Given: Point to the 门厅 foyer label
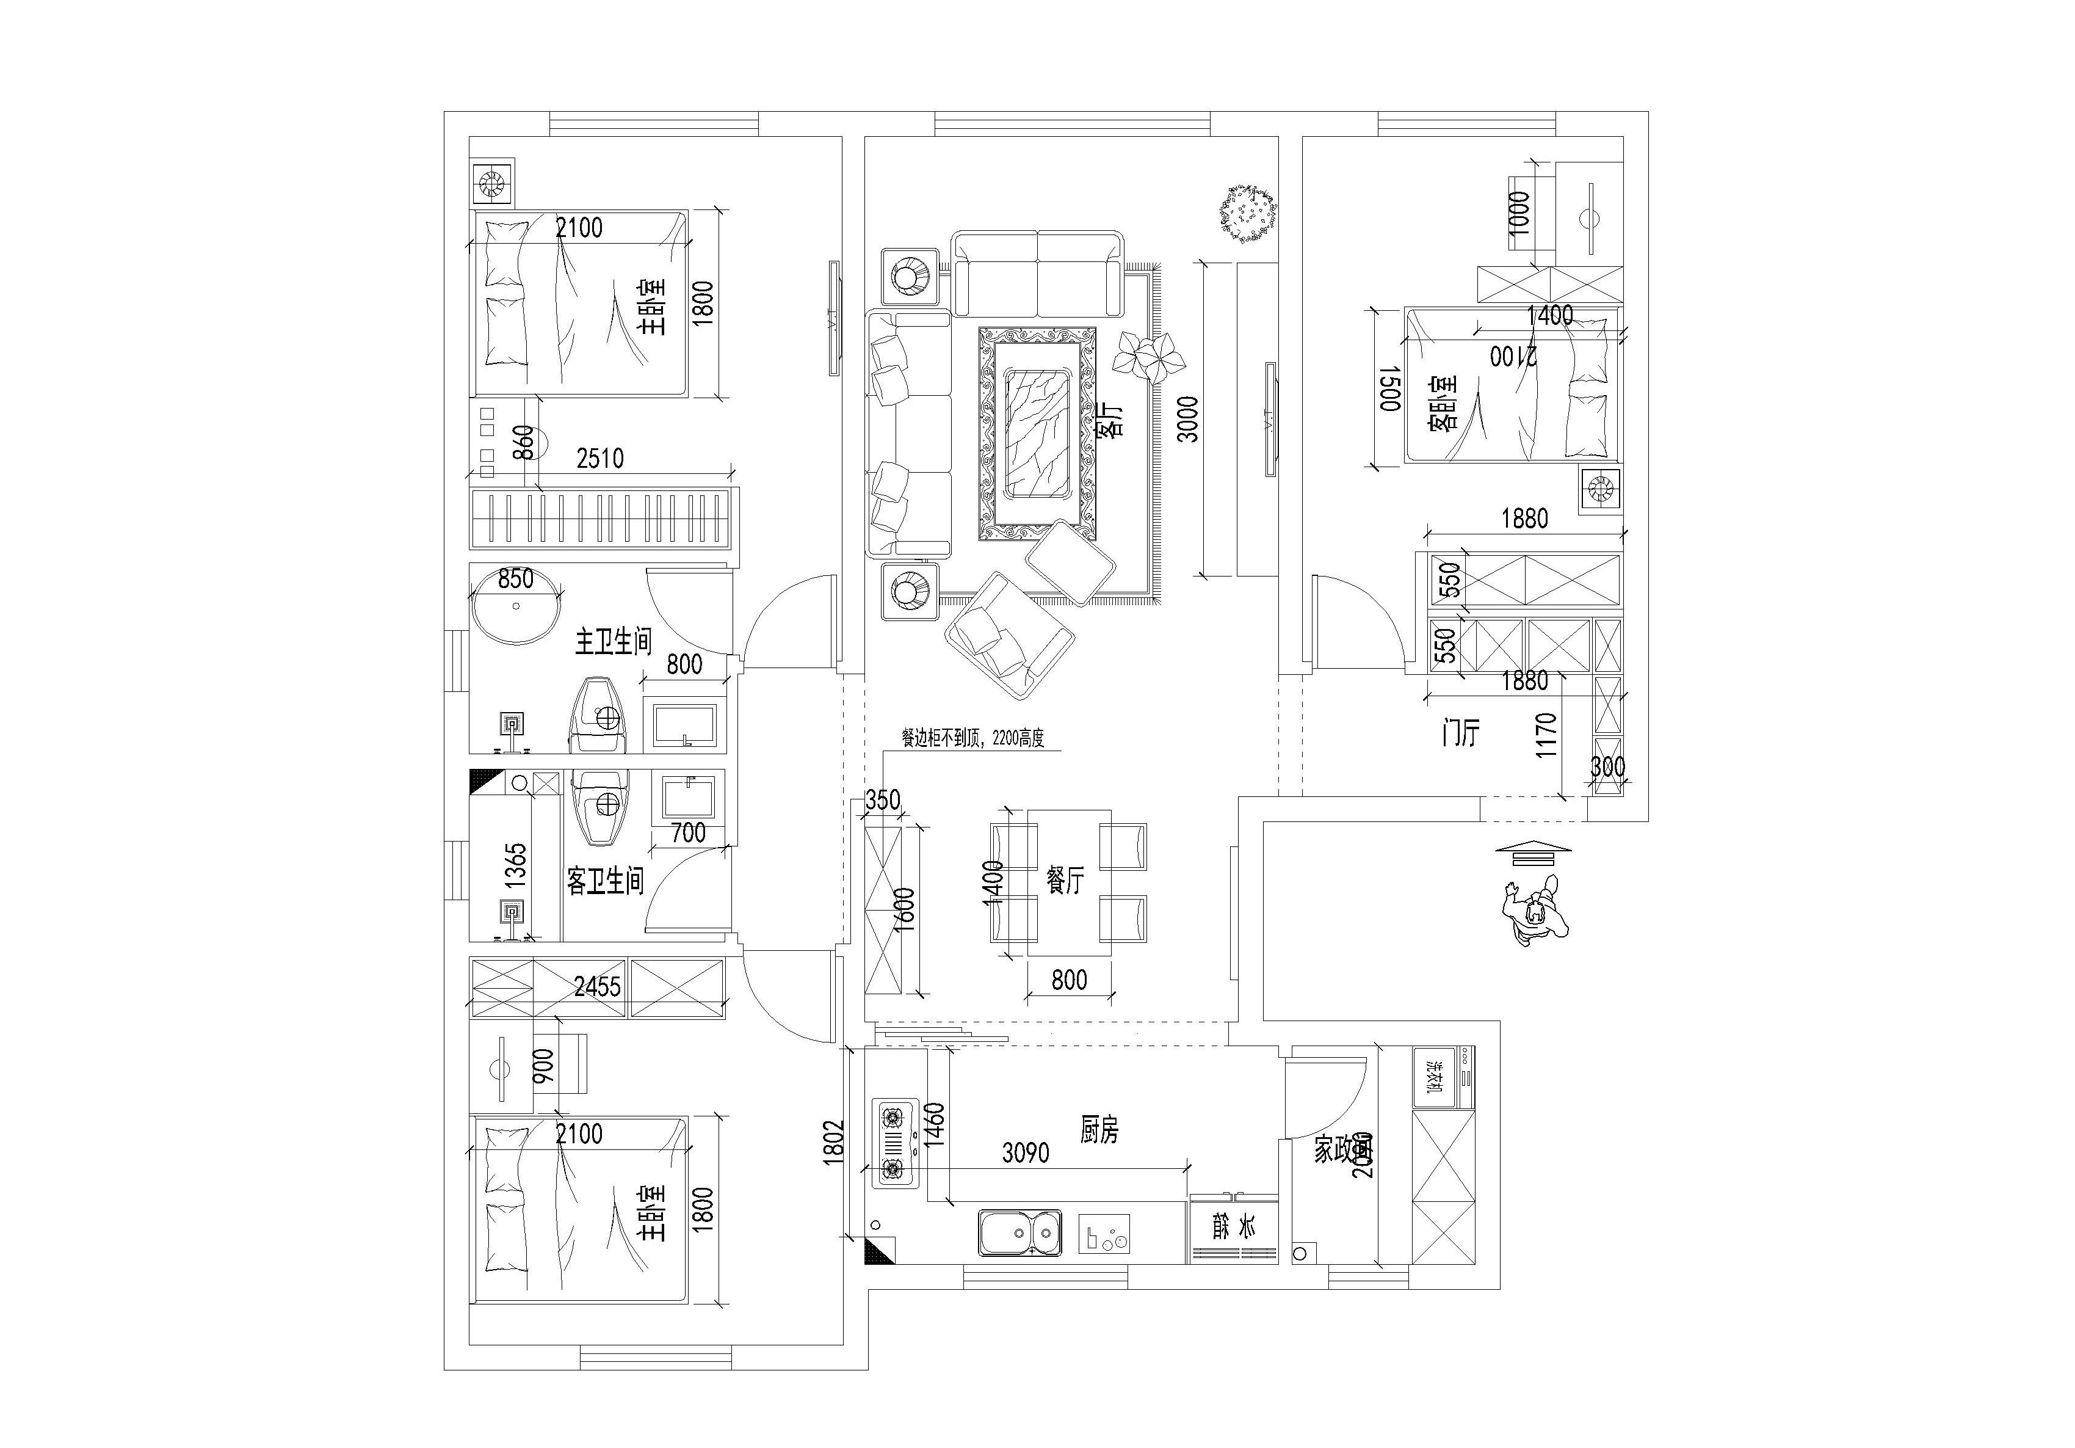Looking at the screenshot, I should click(x=1460, y=733).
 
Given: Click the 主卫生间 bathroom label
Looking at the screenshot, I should click(x=614, y=642).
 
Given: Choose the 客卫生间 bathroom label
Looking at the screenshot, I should click(x=606, y=881).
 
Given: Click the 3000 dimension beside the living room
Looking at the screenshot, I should click(x=1189, y=420).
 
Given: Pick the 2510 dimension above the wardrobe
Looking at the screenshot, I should click(x=600, y=459).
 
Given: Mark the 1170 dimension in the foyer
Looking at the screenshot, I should click(x=1546, y=735).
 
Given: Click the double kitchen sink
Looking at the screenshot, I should click(x=1018, y=1233).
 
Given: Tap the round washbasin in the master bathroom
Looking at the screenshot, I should click(x=516, y=606).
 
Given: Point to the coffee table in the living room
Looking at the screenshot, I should click(x=1038, y=434).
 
